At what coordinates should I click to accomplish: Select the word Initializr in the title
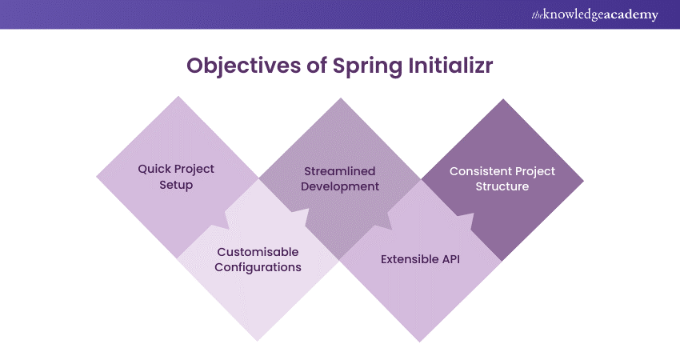click(450, 65)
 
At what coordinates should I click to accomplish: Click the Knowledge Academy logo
click(594, 14)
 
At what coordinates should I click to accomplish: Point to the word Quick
click(154, 169)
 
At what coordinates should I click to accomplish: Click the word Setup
click(176, 185)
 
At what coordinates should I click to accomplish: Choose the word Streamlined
click(339, 171)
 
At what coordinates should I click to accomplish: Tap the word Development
click(340, 187)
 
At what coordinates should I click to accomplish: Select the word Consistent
click(475, 171)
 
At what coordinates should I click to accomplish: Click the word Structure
click(502, 186)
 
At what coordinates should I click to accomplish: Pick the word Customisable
click(258, 252)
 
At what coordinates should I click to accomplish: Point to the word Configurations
click(258, 268)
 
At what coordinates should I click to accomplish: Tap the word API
click(451, 259)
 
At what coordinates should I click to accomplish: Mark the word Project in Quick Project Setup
click(194, 169)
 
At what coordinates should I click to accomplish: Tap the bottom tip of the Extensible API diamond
click(420, 342)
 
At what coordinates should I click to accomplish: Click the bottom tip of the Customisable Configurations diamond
click(257, 342)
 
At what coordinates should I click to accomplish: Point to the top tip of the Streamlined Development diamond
click(341, 98)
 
